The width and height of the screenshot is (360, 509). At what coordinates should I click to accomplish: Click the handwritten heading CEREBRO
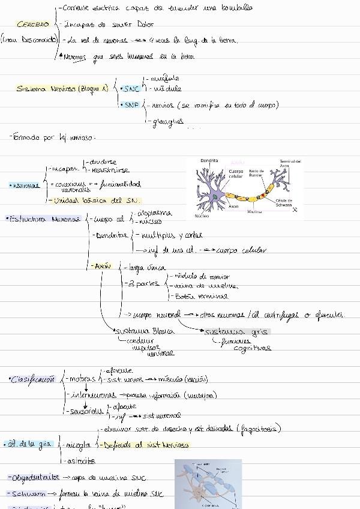(33, 25)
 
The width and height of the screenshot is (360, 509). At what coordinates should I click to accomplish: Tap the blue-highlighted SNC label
(130, 89)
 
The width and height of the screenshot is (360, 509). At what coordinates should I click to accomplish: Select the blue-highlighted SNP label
(130, 104)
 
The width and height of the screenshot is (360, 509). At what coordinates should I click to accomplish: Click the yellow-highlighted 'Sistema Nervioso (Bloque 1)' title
(62, 89)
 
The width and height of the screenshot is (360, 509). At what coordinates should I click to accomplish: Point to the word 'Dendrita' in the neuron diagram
(209, 161)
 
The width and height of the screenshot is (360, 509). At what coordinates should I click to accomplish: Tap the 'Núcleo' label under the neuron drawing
(202, 215)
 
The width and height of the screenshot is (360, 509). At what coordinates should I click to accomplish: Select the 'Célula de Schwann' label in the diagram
(284, 202)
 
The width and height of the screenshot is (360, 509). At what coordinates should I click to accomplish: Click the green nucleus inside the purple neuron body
(214, 196)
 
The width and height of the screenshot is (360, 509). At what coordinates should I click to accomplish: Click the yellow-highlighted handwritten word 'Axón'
(103, 265)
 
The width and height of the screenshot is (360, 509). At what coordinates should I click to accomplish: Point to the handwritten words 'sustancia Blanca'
(145, 331)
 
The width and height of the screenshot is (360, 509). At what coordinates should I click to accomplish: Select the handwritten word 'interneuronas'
(94, 395)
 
